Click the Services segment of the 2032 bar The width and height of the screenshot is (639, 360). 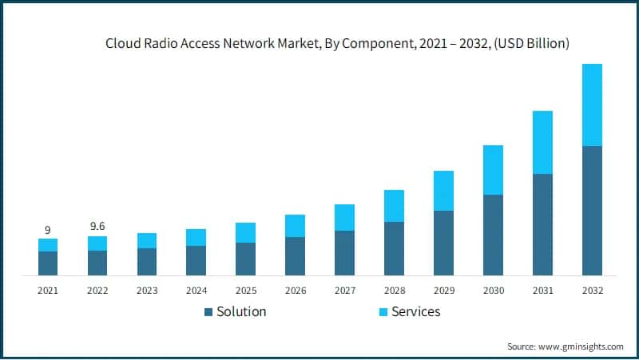(592, 105)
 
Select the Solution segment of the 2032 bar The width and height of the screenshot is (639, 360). (592, 211)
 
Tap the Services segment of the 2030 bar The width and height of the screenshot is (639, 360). (493, 170)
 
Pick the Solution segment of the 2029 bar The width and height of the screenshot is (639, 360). (443, 243)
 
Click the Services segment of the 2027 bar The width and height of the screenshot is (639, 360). (344, 217)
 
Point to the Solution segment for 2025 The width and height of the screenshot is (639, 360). (245, 259)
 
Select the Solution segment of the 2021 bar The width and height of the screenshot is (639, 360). (48, 263)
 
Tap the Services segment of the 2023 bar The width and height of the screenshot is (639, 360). (147, 240)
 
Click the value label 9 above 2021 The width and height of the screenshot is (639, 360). (48, 230)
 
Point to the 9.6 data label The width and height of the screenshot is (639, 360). (97, 227)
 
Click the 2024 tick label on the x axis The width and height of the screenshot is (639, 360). (196, 290)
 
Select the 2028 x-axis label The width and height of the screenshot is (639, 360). (394, 290)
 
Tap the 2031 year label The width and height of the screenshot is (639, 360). (542, 290)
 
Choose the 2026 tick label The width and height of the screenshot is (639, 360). (295, 290)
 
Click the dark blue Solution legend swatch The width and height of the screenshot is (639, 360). (208, 311)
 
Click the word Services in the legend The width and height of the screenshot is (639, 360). (417, 311)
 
